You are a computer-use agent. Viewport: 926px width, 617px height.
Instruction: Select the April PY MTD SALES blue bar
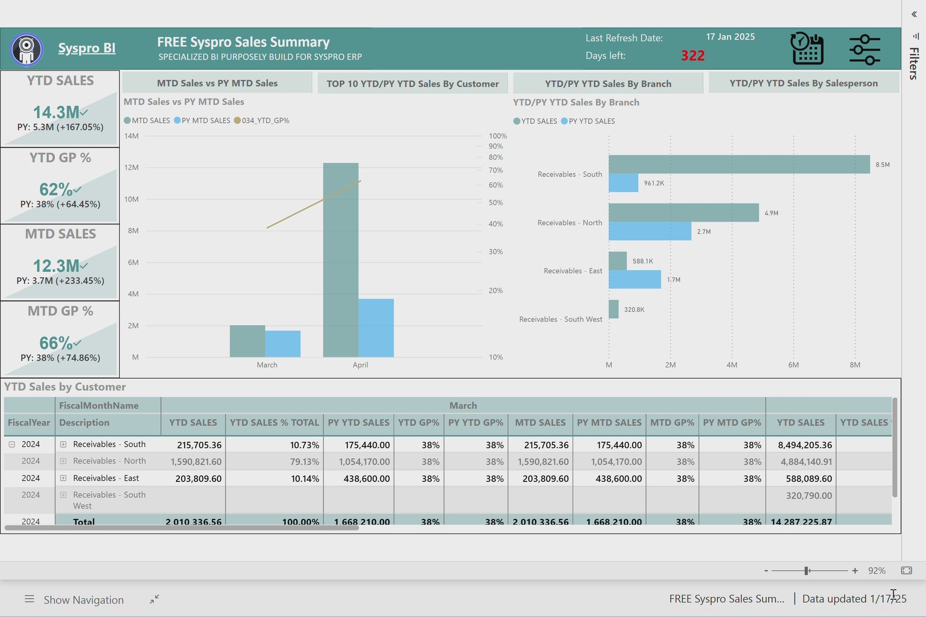coord(376,328)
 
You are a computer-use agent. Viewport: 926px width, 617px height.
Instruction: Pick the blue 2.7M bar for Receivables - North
coord(650,231)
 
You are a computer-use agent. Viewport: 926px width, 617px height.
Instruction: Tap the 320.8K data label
coord(634,310)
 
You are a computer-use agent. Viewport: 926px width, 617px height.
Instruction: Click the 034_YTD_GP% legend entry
coord(265,121)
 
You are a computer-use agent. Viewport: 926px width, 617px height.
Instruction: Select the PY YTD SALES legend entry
coord(591,121)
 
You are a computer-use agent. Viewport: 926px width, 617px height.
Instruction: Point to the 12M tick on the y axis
coord(131,167)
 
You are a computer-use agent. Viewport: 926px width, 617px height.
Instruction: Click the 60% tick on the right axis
coord(495,185)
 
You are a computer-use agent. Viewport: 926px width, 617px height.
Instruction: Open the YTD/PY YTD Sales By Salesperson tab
coord(803,83)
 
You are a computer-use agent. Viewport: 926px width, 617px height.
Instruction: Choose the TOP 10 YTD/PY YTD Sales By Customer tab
coord(412,84)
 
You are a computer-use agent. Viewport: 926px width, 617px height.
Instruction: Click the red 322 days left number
coord(692,56)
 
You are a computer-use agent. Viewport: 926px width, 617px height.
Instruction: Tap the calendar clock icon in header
coord(807,49)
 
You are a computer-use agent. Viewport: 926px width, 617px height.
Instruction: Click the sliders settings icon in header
coord(865,49)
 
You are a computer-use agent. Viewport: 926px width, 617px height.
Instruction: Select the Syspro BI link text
coord(87,48)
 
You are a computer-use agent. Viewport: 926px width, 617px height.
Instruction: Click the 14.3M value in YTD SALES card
coord(56,112)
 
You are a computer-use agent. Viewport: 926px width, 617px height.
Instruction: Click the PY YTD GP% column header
coord(475,422)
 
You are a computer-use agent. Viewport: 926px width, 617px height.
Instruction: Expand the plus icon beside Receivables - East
coord(63,478)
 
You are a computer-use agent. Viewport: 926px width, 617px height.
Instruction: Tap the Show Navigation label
coord(84,600)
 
